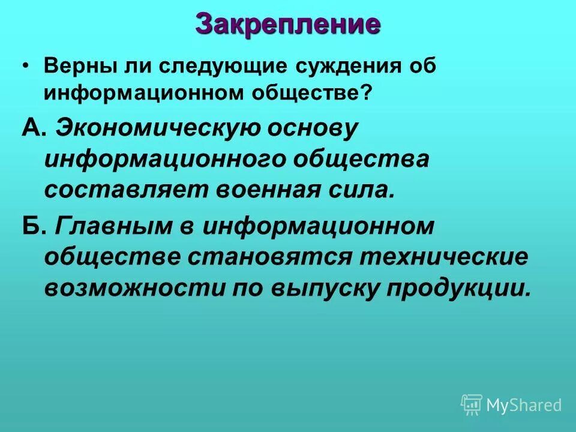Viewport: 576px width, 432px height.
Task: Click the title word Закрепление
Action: click(288, 25)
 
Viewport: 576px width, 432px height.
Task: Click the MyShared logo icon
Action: click(472, 405)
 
